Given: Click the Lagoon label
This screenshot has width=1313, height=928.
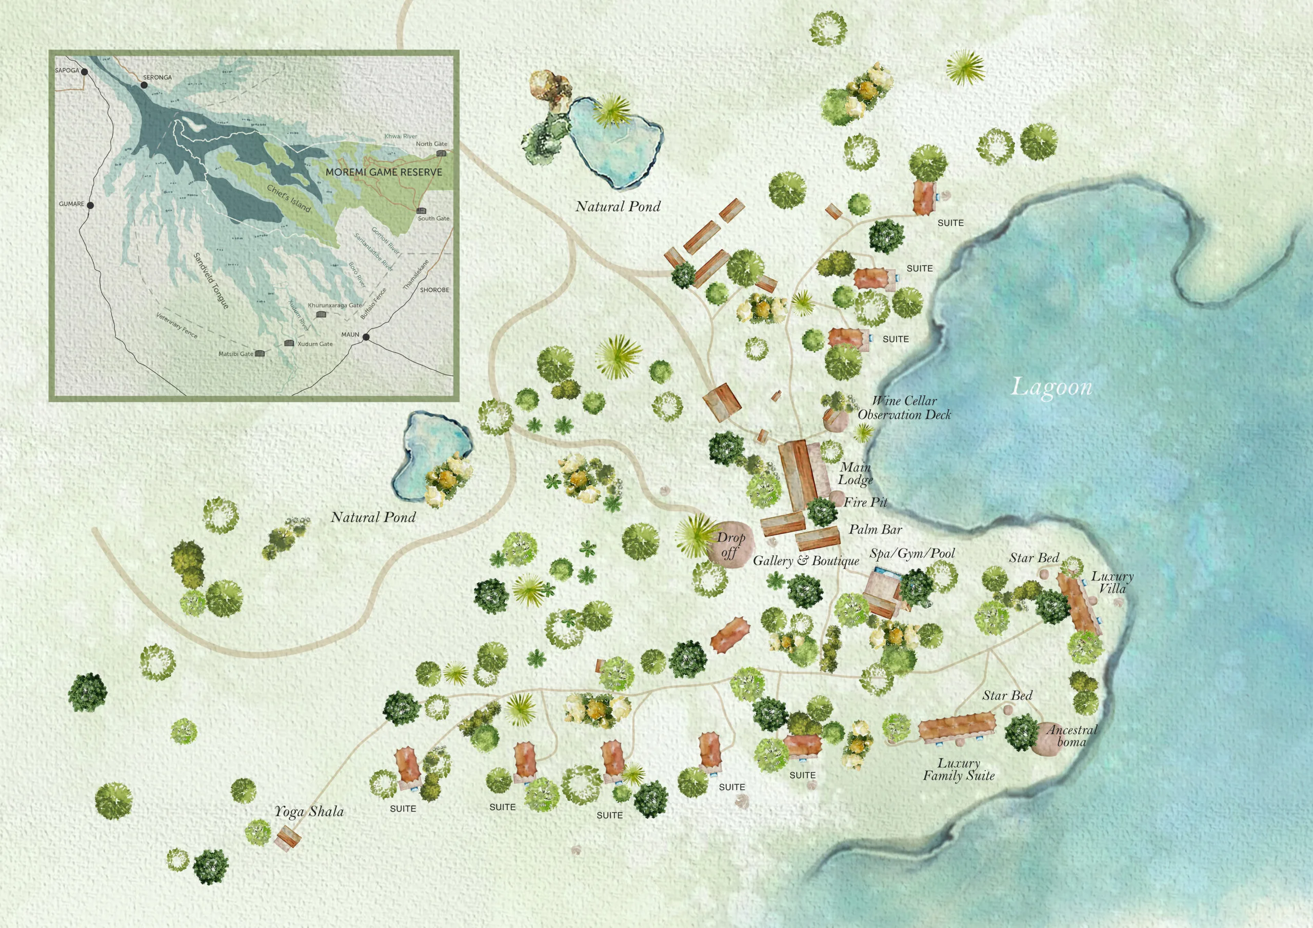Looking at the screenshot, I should pyautogui.click(x=1051, y=387).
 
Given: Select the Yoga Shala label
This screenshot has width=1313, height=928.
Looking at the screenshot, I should pyautogui.click(x=309, y=811).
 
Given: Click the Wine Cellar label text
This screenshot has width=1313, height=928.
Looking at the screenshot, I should pyautogui.click(x=904, y=401).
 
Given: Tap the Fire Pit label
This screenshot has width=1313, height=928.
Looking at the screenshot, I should pyautogui.click(x=865, y=502).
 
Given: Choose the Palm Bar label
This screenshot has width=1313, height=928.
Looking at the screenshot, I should pyautogui.click(x=875, y=530).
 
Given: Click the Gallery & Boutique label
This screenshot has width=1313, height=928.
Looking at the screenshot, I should pyautogui.click(x=806, y=560).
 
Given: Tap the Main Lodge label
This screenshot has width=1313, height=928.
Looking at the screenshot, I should pyautogui.click(x=856, y=474).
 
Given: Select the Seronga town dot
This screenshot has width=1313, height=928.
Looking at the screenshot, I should pyautogui.click(x=144, y=85).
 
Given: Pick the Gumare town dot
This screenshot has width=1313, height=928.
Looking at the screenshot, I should pyautogui.click(x=90, y=205).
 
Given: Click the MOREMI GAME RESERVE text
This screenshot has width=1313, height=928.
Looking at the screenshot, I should pyautogui.click(x=383, y=172).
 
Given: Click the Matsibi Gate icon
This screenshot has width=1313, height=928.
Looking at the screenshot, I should pyautogui.click(x=261, y=354).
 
